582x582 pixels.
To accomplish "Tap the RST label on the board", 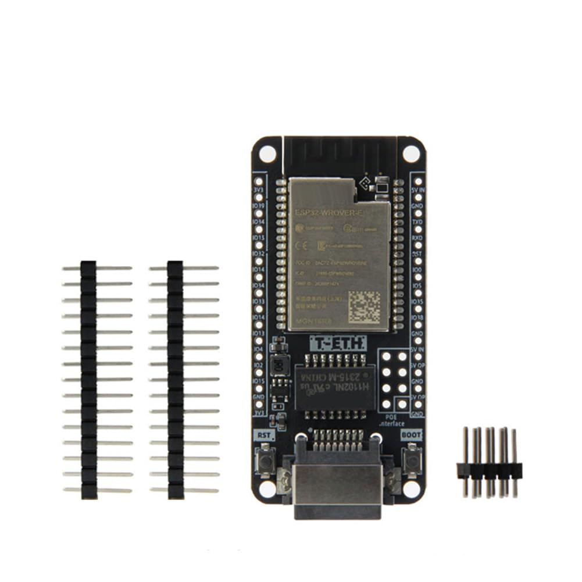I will point(264,434).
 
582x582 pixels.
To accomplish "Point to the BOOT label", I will point(412,434).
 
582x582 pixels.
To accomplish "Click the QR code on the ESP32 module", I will point(365,307).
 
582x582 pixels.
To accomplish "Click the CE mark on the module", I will point(302,244).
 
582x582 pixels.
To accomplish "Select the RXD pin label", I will point(417,238).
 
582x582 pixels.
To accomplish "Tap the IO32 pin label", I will point(258,254).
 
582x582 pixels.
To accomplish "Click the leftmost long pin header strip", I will point(89,379).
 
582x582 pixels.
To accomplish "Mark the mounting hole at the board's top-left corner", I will point(267,154).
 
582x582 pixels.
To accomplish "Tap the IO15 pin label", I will point(258,381).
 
